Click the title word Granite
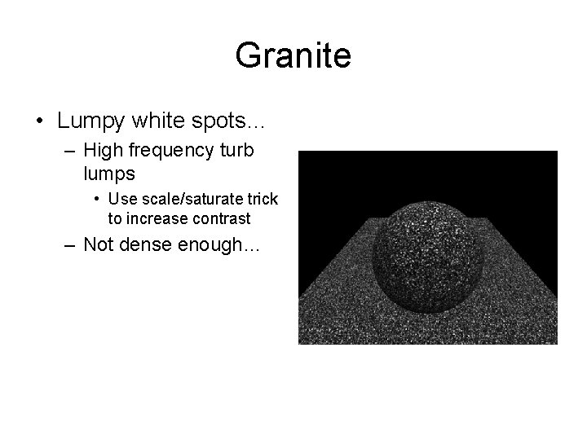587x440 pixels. pyautogui.click(x=293, y=56)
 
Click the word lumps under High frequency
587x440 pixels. pyautogui.click(x=108, y=174)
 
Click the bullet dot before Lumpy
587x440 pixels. pyautogui.click(x=40, y=122)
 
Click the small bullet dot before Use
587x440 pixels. pyautogui.click(x=97, y=199)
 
